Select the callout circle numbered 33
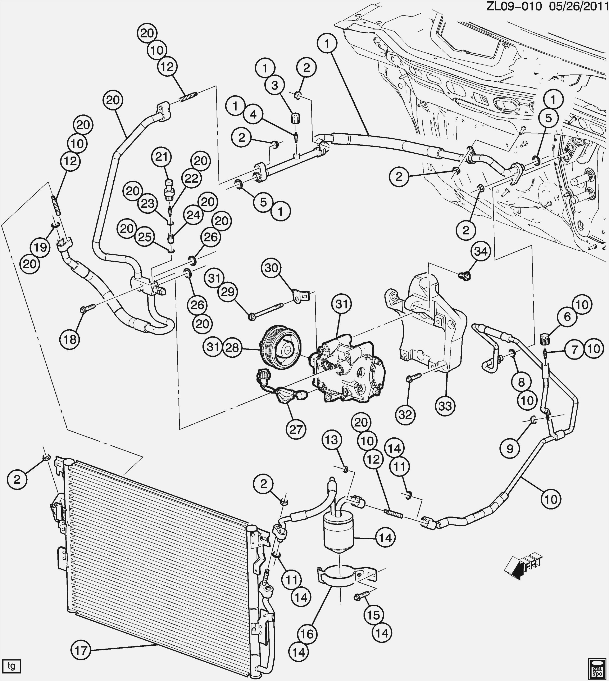[445, 406]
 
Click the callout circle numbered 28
[233, 348]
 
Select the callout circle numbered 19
[40, 248]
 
